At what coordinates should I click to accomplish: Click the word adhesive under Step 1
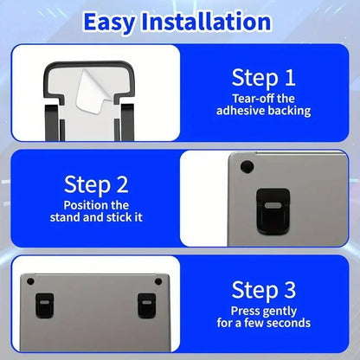[x=237, y=111]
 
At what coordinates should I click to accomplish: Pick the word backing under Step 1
[x=286, y=111]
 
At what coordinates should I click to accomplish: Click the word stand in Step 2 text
[x=69, y=218]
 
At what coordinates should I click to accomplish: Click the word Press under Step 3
[x=245, y=310]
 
